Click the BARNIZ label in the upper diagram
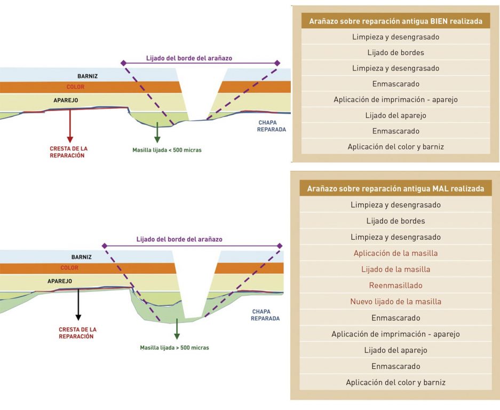pos(88,76)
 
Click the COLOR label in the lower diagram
pos(69,267)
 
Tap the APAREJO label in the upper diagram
pos(66,100)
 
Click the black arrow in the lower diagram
pos(78,305)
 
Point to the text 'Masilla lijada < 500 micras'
pos(167,150)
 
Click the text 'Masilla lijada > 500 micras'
pos(174,348)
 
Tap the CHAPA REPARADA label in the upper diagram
pos(272,125)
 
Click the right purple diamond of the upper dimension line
pos(277,63)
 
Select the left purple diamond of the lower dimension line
pos(105,246)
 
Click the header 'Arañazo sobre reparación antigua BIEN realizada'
pos(396,21)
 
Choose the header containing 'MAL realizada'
pos(395,188)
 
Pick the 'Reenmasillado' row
pos(396,285)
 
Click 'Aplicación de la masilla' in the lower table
pos(396,253)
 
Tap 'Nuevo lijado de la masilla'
pos(396,302)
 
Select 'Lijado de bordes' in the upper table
pos(396,53)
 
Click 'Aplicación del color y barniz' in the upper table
pos(396,147)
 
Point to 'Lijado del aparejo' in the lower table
pos(396,350)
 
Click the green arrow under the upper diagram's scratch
pos(157,132)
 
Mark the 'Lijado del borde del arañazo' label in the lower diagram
pos(179,239)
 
